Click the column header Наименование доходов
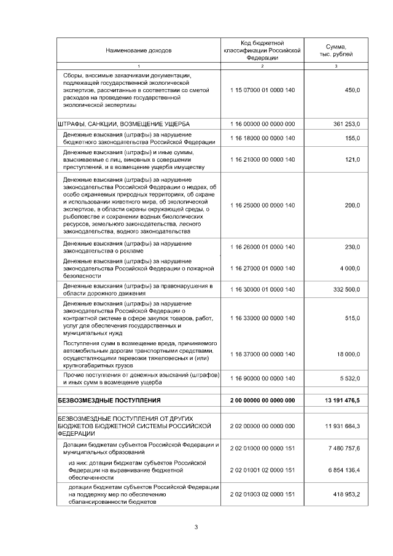click(139, 50)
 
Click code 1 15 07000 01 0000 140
click(262, 90)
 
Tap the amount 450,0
click(352, 90)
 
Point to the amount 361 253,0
click(346, 123)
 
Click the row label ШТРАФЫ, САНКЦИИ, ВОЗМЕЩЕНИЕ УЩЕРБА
click(123, 123)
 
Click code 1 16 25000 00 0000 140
click(262, 205)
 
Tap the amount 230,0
click(352, 247)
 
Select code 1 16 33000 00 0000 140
click(262, 318)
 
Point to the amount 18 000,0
click(348, 354)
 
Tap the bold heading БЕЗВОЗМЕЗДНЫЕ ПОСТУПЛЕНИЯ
click(109, 401)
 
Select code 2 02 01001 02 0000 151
click(262, 470)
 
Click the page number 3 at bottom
click(196, 527)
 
